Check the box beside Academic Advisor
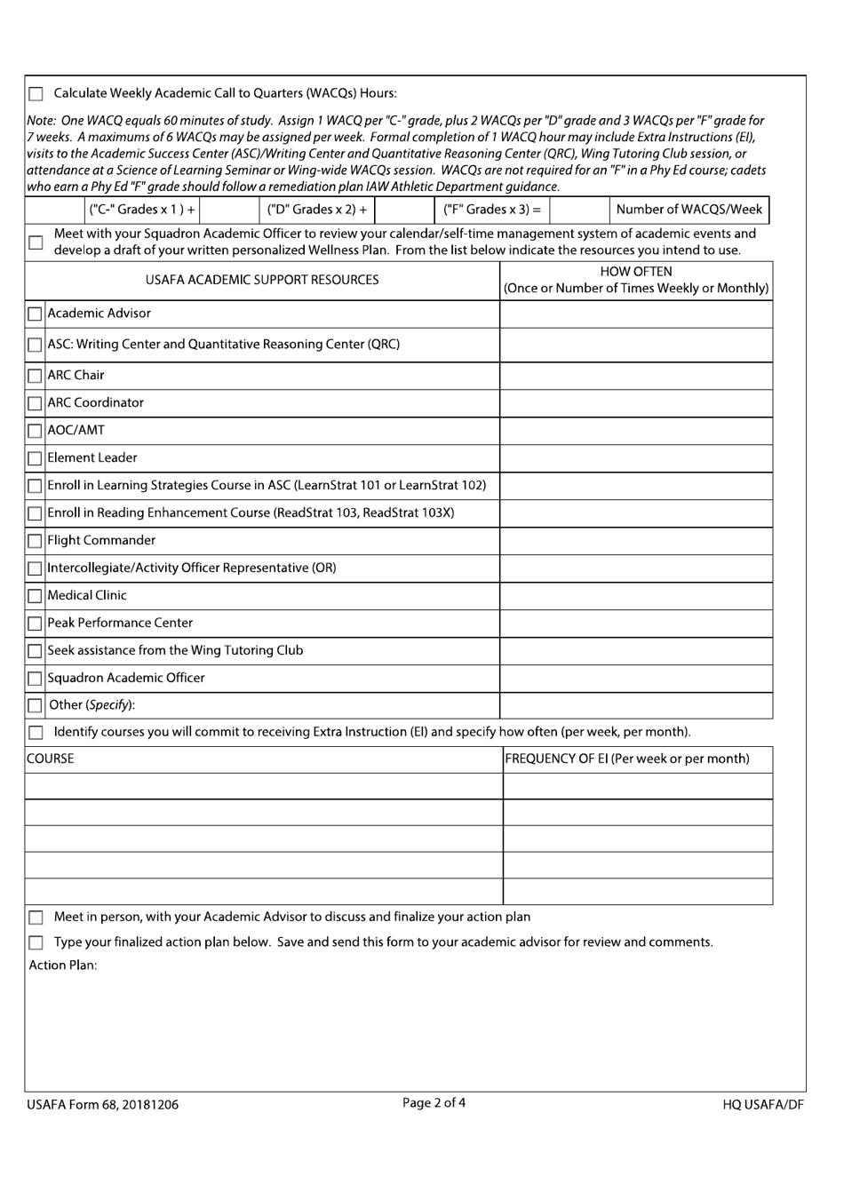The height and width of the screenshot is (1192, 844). tap(35, 314)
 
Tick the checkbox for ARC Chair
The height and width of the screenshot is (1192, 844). tap(35, 377)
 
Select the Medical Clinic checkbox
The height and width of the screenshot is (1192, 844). tap(35, 597)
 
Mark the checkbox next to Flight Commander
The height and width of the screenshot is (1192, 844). tap(35, 542)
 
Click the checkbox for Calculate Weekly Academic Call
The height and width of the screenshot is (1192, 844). tap(36, 94)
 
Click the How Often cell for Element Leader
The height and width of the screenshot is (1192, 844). tap(635, 458)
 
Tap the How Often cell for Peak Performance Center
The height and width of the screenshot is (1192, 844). tap(635, 624)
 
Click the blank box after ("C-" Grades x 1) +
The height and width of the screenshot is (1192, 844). tap(229, 211)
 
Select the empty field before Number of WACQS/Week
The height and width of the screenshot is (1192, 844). tap(579, 211)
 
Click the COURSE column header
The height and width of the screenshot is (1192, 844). tap(51, 759)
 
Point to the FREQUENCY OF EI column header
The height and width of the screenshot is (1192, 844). tap(626, 759)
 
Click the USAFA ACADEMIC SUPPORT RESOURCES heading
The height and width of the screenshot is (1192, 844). tap(262, 281)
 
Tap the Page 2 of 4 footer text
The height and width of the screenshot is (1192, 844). tap(434, 1103)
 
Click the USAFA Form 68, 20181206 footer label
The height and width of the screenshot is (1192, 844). tap(102, 1105)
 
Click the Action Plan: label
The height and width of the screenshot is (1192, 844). tap(62, 966)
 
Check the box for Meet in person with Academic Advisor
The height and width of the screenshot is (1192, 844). tap(36, 918)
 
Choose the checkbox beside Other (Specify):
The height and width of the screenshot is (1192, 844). tap(35, 706)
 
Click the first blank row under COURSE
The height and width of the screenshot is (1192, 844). tap(264, 787)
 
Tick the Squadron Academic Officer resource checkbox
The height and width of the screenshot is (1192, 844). tap(35, 679)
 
